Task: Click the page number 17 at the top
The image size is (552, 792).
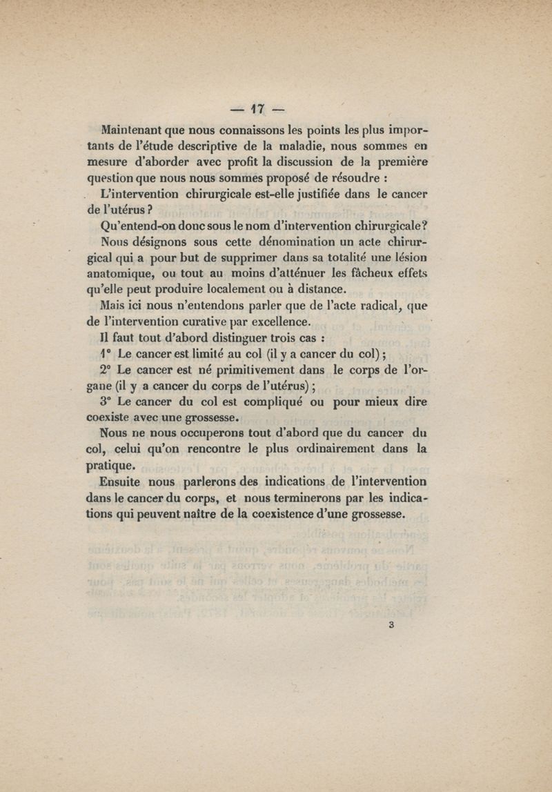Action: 259,109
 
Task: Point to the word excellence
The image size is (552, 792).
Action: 279,322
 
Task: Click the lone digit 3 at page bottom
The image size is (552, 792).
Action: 391,626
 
